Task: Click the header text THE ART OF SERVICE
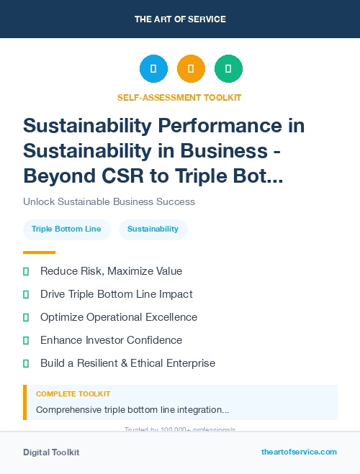[x=180, y=19]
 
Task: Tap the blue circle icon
[x=153, y=69]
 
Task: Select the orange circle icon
[x=191, y=69]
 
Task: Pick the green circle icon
[x=228, y=69]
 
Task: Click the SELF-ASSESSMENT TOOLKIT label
[x=179, y=97]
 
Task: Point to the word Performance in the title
[x=243, y=126]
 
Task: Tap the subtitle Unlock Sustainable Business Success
[x=109, y=201]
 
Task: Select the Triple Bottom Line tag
[x=66, y=229]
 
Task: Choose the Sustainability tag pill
[x=153, y=229]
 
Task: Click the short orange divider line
[x=39, y=252]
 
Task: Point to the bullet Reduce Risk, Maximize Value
[x=111, y=271]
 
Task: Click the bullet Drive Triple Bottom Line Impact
[x=116, y=294]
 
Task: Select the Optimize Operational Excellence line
[x=118, y=317]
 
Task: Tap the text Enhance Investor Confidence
[x=111, y=340]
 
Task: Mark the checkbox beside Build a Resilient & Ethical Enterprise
[x=26, y=363]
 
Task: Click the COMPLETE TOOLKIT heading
[x=73, y=394]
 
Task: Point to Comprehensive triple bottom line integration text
[x=132, y=409]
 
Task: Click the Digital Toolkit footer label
[x=51, y=452]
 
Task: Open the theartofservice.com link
[x=299, y=452]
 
